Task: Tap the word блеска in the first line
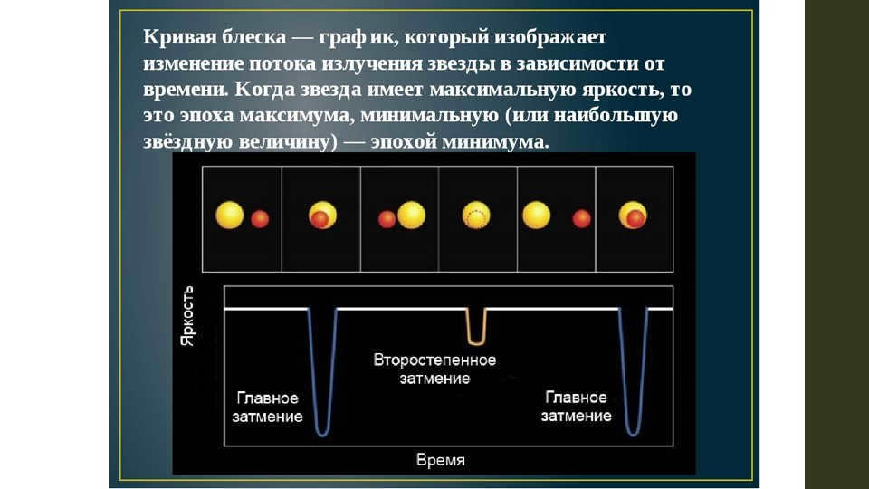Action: point(253,36)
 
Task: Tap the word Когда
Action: point(263,90)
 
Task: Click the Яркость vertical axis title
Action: point(188,316)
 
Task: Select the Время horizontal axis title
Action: point(441,460)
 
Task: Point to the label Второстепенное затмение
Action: point(435,369)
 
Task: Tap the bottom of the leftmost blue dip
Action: point(322,434)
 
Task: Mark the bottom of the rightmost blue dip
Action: point(633,434)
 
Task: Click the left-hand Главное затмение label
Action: point(267,407)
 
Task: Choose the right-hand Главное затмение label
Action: point(576,407)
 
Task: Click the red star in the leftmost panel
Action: point(260,219)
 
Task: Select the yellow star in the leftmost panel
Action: point(229,216)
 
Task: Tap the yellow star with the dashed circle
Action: point(476,216)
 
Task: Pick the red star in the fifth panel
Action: point(581,219)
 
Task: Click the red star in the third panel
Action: point(387,219)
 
